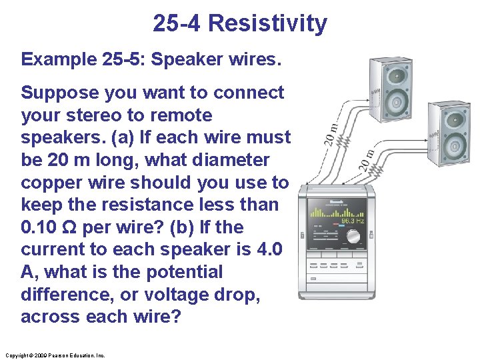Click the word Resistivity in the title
(267, 24)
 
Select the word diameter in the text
(229, 161)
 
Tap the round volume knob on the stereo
(352, 237)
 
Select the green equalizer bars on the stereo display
(325, 213)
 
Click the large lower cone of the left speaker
(397, 101)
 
